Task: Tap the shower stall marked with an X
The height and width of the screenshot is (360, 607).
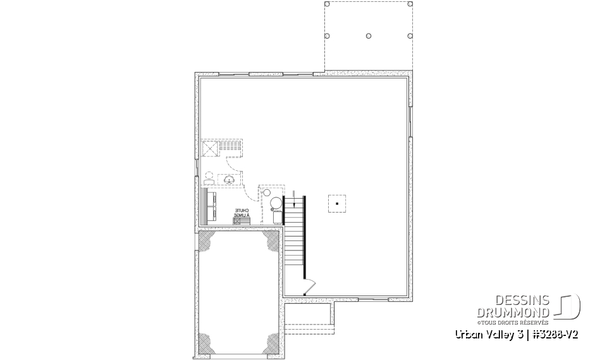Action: (210, 149)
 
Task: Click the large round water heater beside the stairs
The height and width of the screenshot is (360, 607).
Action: (276, 204)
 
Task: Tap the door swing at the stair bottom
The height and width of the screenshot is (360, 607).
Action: (307, 288)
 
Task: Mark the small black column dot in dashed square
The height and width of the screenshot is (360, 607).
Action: (338, 204)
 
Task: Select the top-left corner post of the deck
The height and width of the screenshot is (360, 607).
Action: (327, 4)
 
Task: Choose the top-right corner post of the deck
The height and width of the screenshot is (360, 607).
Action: (411, 4)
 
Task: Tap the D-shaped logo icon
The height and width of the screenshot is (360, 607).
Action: (569, 306)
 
